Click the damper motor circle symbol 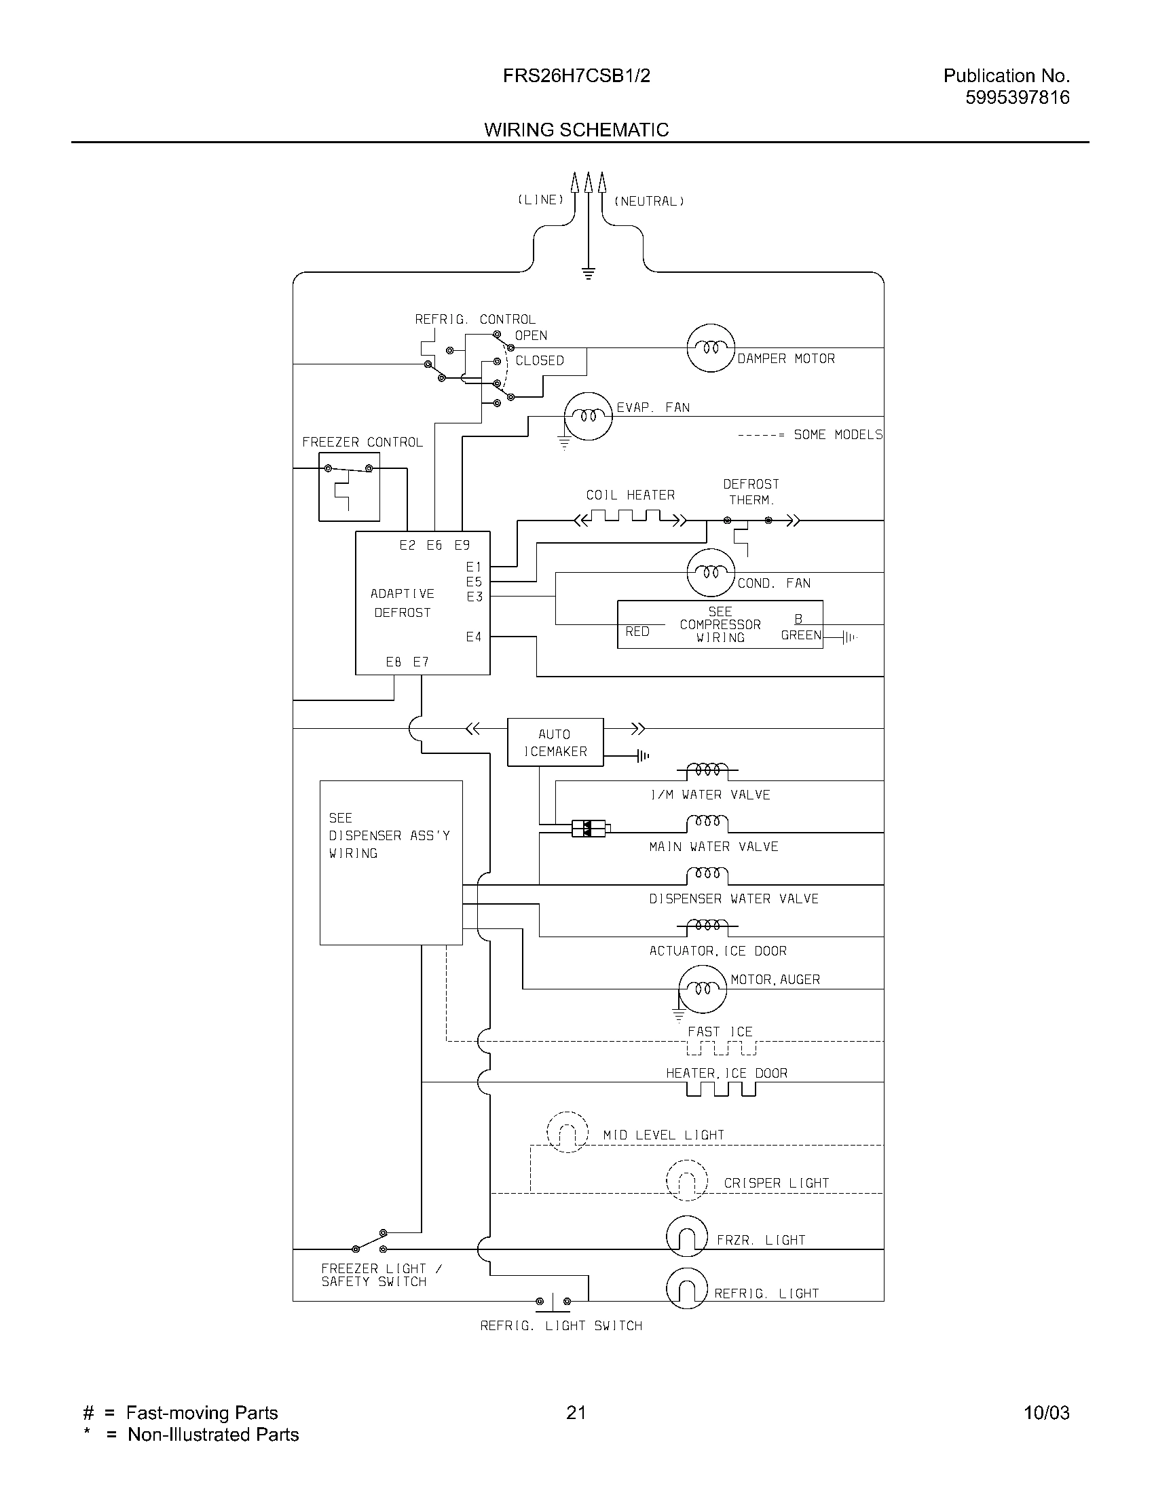[x=710, y=348]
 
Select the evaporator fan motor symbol [x=587, y=416]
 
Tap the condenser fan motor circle [x=710, y=572]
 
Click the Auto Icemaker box [x=555, y=742]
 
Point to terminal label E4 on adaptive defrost [x=474, y=637]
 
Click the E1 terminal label [x=474, y=567]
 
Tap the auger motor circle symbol [x=702, y=989]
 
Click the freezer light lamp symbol [x=686, y=1236]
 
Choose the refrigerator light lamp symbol [x=686, y=1289]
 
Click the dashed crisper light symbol [x=686, y=1181]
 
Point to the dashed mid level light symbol [x=567, y=1133]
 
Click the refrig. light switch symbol [x=553, y=1301]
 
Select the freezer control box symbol [x=349, y=487]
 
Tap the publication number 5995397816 [x=1018, y=98]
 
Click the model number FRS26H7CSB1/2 [x=576, y=76]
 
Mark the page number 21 [x=576, y=1412]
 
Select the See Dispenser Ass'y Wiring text [x=388, y=835]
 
